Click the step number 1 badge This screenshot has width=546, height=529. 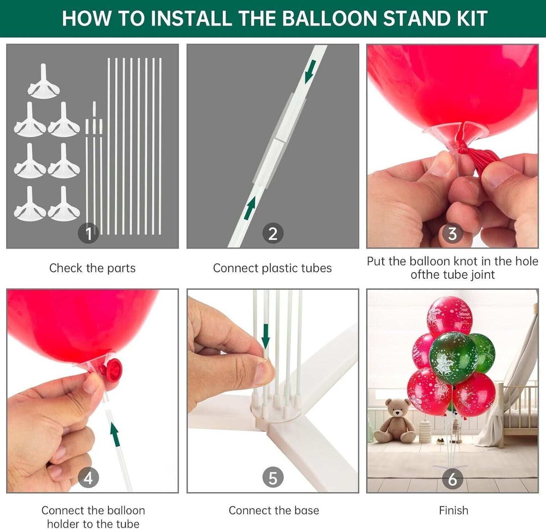tap(88, 233)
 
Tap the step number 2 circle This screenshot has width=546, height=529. tap(273, 233)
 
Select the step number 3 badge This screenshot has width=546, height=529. tap(452, 233)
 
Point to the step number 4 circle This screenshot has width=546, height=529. tap(88, 478)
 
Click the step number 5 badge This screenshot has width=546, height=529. tap(273, 478)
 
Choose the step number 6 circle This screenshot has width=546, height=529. tap(452, 478)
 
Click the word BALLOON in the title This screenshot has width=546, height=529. tap(329, 19)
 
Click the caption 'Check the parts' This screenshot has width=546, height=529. tap(92, 268)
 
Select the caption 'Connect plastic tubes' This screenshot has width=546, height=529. tap(272, 268)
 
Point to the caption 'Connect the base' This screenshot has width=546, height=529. tap(274, 510)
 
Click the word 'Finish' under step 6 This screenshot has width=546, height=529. tap(454, 510)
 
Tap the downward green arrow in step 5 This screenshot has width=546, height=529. tap(265, 336)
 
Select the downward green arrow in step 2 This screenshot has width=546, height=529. tap(311, 71)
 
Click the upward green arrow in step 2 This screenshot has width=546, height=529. tap(249, 208)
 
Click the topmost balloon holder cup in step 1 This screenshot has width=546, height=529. tap(43, 81)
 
